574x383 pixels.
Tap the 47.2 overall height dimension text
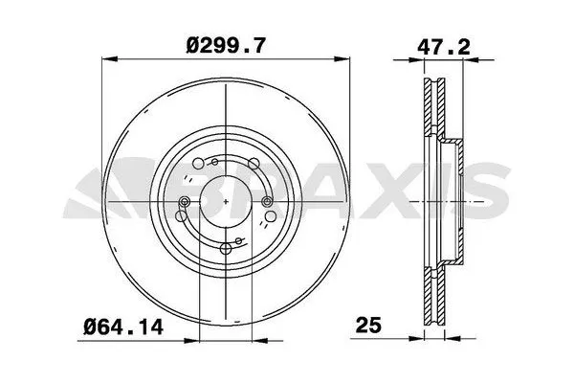click(442, 43)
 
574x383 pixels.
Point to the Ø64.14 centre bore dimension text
click(122, 327)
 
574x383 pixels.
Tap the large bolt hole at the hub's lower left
click(198, 236)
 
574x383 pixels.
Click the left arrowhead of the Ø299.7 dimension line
click(106, 62)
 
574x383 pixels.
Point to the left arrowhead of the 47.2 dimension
click(427, 62)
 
